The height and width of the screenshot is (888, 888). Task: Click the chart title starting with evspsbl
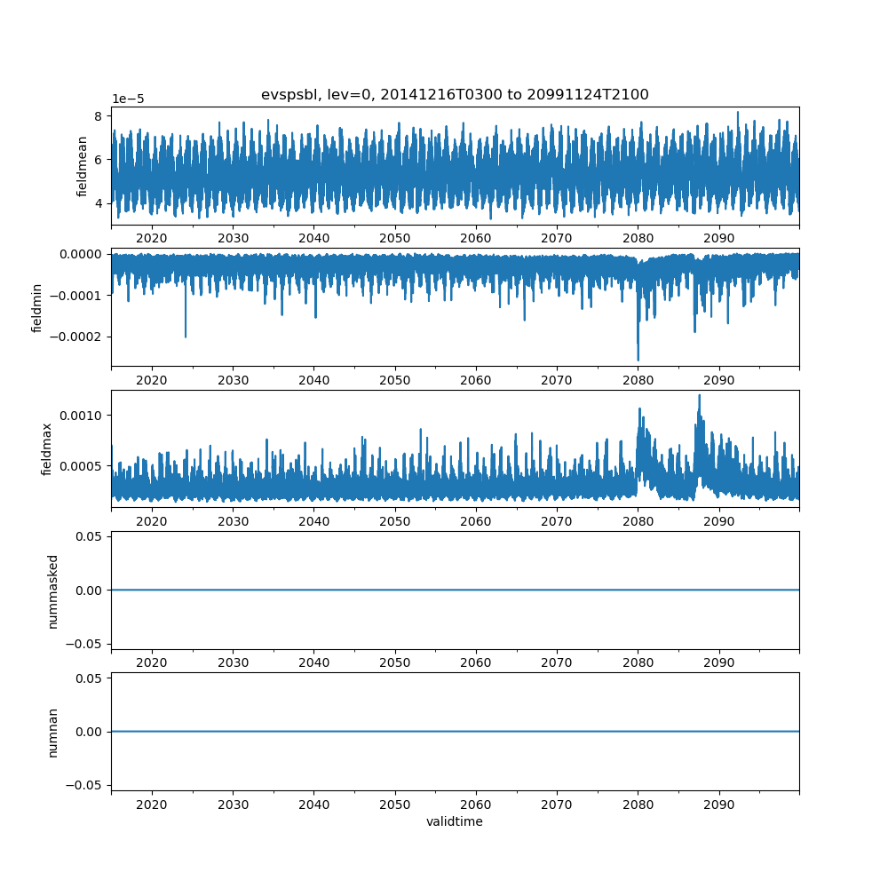coord(455,95)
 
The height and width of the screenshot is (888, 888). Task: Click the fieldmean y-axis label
coord(83,166)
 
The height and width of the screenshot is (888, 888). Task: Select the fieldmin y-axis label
coord(37,307)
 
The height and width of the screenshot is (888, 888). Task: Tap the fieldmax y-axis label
coord(46,449)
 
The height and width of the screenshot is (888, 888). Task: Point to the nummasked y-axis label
coord(52,591)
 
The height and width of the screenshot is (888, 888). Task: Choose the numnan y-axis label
coord(52,732)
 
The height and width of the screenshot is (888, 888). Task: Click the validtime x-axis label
coord(455,821)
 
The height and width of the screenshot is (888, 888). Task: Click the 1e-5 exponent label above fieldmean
coord(128,99)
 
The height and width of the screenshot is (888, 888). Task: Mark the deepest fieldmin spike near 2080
coord(638,360)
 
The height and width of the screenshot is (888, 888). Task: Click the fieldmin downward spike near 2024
coord(186,337)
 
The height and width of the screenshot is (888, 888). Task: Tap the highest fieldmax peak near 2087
coord(699,395)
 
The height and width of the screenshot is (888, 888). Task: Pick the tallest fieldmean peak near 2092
coord(738,113)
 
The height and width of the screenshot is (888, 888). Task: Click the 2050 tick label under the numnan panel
coord(395,804)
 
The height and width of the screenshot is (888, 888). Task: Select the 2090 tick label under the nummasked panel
coord(718,662)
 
